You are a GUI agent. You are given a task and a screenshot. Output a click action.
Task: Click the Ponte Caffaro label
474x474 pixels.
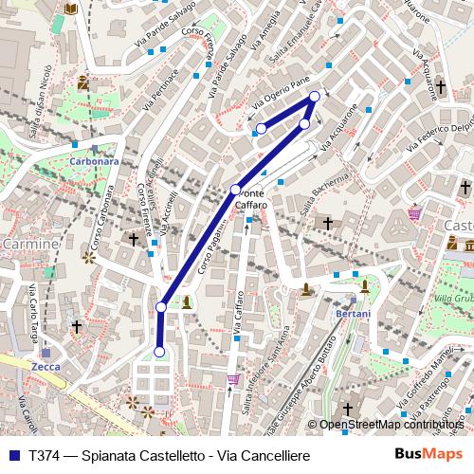point(251,199)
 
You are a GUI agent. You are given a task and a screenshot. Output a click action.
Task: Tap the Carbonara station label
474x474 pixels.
point(94,161)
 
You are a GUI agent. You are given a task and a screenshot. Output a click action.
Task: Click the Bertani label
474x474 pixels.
point(353,312)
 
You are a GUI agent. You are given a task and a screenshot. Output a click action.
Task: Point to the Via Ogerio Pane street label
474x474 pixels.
point(281,97)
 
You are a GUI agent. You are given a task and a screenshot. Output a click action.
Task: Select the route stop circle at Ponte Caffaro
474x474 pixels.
point(236,189)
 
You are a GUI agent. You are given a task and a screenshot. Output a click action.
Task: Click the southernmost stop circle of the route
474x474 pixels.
point(159,352)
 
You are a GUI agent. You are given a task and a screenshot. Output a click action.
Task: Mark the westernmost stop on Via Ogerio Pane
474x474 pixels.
point(261,128)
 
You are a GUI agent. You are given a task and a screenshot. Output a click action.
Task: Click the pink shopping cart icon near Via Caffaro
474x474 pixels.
point(233,380)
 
